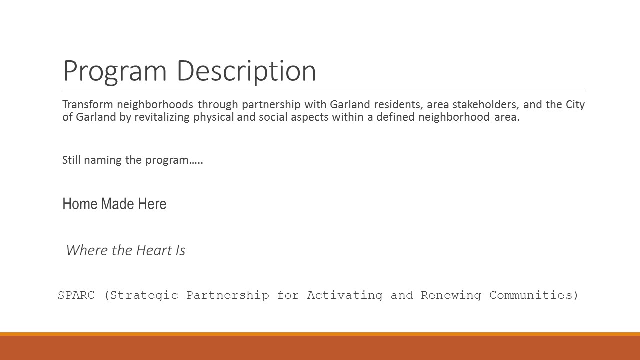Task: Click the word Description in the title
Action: (246, 71)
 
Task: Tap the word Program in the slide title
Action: (115, 72)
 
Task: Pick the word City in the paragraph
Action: (575, 105)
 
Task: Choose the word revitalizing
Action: (162, 117)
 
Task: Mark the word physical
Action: (213, 117)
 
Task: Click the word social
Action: (273, 117)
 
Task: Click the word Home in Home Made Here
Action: (80, 204)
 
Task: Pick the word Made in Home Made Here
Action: (117, 204)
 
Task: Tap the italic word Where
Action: (87, 250)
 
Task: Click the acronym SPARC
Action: (76, 295)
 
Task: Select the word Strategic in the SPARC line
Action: (144, 296)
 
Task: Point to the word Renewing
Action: (451, 296)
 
